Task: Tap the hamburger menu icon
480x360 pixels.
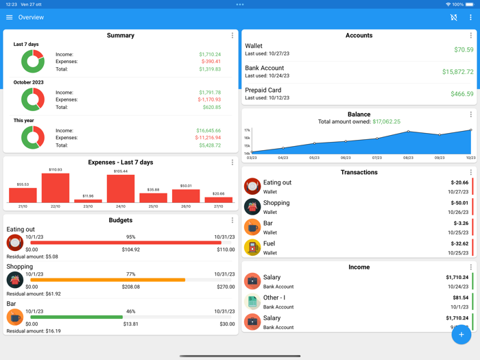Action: click(10, 17)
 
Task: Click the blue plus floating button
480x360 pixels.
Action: click(461, 335)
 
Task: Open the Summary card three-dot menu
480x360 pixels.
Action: click(232, 36)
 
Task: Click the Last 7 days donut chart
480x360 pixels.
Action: click(32, 62)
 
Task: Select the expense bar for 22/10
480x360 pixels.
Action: click(56, 188)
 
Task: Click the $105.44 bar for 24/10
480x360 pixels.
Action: click(121, 189)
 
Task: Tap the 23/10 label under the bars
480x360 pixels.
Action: click(88, 206)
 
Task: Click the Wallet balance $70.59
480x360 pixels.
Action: click(463, 50)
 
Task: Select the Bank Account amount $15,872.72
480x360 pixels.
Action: click(457, 72)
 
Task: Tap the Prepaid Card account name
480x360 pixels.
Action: click(263, 90)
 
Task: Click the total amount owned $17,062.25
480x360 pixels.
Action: click(386, 122)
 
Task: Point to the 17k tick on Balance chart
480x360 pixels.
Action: click(247, 130)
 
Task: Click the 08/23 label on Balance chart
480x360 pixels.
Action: click(408, 158)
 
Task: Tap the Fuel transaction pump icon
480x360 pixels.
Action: click(252, 248)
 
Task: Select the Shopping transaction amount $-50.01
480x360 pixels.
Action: click(459, 203)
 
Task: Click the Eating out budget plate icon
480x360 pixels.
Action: click(15, 243)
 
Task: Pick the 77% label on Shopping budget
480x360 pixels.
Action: click(130, 274)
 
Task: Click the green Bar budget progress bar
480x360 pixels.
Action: click(76, 317)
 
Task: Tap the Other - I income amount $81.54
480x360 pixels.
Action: click(461, 298)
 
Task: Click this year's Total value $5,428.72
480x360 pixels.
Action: click(209, 145)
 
